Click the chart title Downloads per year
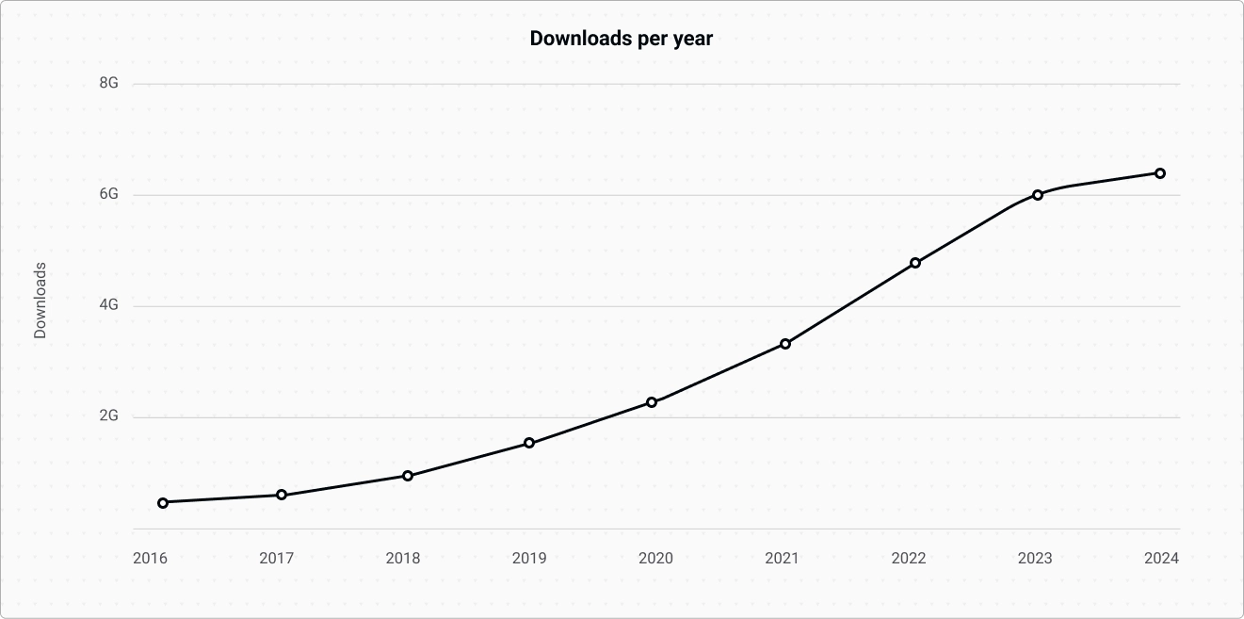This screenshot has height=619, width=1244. click(x=622, y=39)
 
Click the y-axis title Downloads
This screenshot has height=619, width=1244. click(x=40, y=301)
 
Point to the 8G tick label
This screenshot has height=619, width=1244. click(x=108, y=83)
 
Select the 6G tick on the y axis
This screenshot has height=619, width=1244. click(x=108, y=194)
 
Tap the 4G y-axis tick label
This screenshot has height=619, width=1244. click(x=108, y=305)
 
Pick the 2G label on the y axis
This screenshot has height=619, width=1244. click(x=108, y=416)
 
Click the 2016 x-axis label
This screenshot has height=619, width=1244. click(x=150, y=558)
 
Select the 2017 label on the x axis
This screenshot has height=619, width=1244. click(x=277, y=558)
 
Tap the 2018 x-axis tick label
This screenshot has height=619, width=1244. click(x=403, y=558)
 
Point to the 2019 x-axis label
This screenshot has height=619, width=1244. click(x=529, y=558)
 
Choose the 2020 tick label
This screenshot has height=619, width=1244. click(x=655, y=558)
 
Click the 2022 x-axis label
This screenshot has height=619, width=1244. click(x=909, y=558)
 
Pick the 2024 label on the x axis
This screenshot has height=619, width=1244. click(x=1161, y=558)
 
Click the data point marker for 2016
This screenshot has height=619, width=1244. click(x=163, y=503)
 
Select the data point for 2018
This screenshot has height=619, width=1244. click(x=408, y=476)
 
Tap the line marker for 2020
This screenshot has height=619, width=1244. click(x=652, y=402)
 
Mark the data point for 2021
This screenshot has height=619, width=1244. click(x=785, y=344)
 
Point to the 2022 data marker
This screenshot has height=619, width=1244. click(x=915, y=263)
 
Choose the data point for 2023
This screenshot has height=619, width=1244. click(x=1038, y=195)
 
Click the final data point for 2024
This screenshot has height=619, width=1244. click(x=1160, y=173)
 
